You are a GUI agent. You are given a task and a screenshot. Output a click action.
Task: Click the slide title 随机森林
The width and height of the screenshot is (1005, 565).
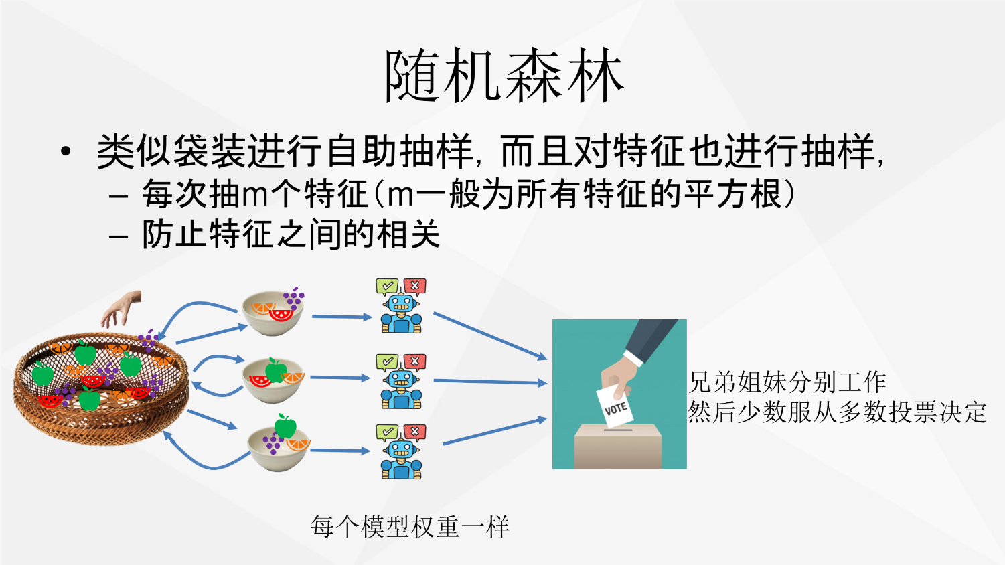pyautogui.click(x=504, y=76)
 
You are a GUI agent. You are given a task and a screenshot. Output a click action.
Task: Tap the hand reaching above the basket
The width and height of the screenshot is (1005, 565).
pyautogui.click(x=121, y=309)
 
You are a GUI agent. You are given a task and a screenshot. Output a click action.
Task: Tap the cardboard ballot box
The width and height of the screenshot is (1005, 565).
pyautogui.click(x=618, y=447)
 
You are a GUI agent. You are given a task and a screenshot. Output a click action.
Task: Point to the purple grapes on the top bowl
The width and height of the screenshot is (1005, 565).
pyautogui.click(x=294, y=298)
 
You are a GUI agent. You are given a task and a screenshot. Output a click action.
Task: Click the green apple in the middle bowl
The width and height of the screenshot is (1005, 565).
pyautogui.click(x=275, y=370)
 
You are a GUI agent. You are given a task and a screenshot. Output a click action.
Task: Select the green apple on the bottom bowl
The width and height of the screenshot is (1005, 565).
pyautogui.click(x=285, y=426)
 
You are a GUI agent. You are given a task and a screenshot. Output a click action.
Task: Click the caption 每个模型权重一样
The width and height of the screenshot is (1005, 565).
pyautogui.click(x=410, y=526)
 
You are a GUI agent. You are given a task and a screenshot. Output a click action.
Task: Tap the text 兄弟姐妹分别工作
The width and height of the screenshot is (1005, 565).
pyautogui.click(x=787, y=382)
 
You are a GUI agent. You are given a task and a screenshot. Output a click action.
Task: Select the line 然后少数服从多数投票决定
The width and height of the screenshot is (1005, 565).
pyautogui.click(x=837, y=412)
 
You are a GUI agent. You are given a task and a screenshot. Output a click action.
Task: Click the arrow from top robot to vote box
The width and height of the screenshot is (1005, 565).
pyautogui.click(x=490, y=336)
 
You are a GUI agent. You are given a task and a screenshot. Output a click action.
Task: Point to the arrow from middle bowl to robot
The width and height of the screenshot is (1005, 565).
pyautogui.click(x=340, y=378)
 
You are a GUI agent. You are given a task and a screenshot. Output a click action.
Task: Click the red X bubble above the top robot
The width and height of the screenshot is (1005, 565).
pyautogui.click(x=414, y=286)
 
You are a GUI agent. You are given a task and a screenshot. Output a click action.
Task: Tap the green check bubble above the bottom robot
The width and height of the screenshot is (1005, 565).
pyautogui.click(x=387, y=432)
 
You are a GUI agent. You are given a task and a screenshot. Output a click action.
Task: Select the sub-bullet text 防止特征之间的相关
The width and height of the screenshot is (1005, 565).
pyautogui.click(x=291, y=234)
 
